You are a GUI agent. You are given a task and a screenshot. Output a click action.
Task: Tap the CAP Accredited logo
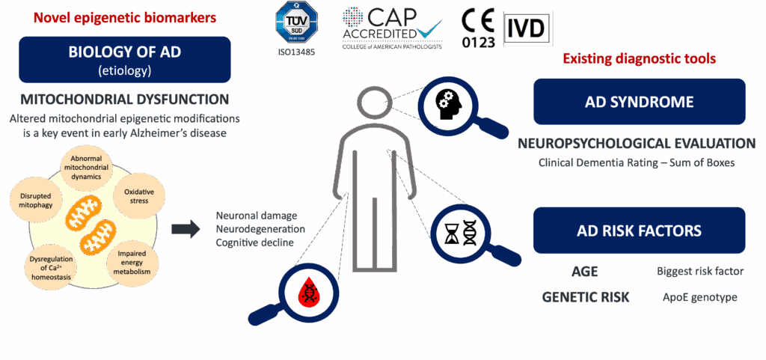click(392, 27)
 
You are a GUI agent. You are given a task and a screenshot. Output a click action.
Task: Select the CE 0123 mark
click(478, 28)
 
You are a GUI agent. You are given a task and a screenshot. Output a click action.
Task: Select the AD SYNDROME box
click(639, 102)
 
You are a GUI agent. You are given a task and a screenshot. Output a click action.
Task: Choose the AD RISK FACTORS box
click(639, 231)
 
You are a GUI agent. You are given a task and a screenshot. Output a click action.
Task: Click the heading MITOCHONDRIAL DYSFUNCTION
click(124, 100)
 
